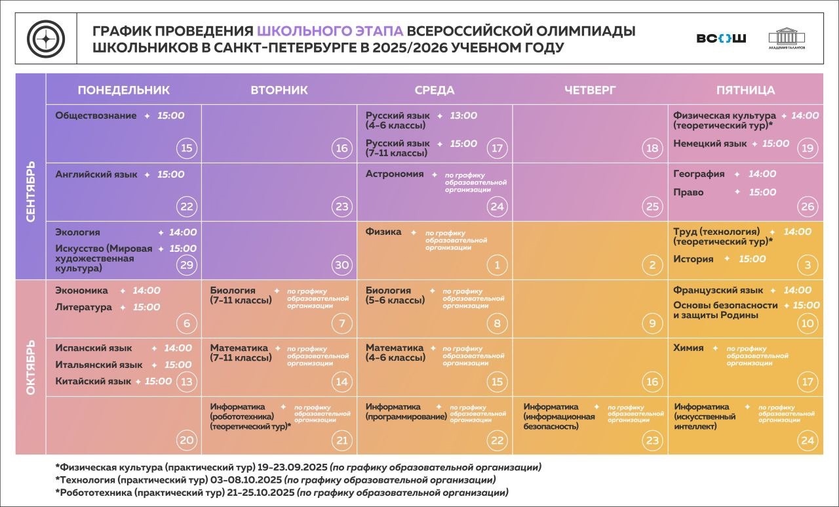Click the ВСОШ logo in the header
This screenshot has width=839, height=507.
click(721, 38)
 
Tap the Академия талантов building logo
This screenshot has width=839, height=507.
click(787, 39)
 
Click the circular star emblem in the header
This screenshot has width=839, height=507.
click(46, 39)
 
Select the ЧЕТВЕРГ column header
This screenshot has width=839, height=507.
click(590, 90)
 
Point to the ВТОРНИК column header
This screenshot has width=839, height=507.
click(279, 90)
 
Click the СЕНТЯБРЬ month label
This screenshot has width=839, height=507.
click(31, 192)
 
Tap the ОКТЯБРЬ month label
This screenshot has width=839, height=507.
click(31, 367)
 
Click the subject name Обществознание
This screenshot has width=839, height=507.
click(96, 115)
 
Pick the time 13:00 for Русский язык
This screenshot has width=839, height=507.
click(463, 115)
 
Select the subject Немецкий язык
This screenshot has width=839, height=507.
click(710, 144)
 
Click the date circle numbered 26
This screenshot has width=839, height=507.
click(807, 207)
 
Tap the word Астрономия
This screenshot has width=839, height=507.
click(395, 174)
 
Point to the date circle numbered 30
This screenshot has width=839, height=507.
click(341, 265)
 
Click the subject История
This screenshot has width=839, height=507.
click(693, 259)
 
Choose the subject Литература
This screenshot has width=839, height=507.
click(83, 307)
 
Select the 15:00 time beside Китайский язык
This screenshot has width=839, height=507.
click(158, 381)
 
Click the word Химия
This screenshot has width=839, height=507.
click(688, 348)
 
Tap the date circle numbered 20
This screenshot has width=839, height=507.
click(187, 440)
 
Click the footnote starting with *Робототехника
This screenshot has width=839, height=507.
click(282, 493)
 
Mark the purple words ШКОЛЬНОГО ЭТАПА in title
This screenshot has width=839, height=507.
click(330, 31)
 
